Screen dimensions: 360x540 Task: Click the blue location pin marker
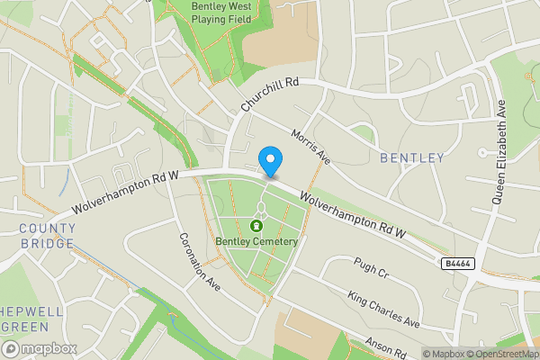270,161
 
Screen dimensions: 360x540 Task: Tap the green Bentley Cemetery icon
256,226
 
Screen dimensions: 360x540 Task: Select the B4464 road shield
457,264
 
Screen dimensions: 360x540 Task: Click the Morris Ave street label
311,147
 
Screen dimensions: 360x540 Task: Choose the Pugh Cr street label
370,272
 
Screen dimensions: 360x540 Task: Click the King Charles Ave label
383,310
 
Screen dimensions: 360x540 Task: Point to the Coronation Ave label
199,263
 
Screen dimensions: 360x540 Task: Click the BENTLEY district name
412,158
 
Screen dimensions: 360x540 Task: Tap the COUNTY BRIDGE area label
47,237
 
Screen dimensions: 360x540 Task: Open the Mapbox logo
39,348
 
